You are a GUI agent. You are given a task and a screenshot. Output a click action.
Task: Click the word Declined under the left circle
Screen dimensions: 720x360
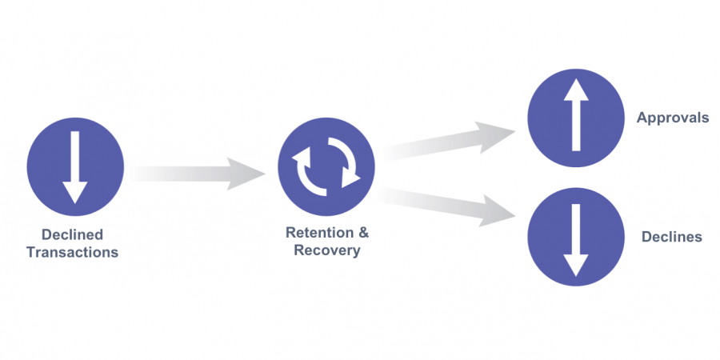(73, 234)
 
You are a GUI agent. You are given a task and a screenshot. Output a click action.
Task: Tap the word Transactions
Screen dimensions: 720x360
(73, 252)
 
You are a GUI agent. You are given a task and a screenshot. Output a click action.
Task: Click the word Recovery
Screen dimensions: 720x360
(327, 250)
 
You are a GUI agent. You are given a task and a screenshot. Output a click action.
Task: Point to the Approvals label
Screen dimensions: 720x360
(673, 118)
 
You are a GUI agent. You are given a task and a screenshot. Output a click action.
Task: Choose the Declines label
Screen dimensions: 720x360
(672, 237)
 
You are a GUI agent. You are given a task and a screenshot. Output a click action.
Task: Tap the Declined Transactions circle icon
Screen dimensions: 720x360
(75, 167)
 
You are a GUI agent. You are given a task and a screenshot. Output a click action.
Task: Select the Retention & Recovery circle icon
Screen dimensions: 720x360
(326, 167)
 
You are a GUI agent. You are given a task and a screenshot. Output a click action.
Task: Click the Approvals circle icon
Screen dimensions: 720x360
(576, 118)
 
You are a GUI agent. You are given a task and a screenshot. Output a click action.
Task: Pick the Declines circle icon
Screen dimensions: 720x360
(576, 238)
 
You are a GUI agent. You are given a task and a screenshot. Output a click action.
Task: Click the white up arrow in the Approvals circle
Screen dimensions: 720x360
(576, 114)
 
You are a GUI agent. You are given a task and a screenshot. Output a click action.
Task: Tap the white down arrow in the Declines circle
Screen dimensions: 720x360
(576, 240)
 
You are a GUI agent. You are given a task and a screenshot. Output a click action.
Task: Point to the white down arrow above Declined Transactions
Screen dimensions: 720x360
(75, 168)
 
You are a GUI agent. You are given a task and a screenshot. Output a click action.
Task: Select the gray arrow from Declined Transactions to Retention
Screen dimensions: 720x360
(198, 174)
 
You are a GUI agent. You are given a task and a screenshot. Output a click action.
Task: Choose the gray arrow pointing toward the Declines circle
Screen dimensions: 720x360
(446, 206)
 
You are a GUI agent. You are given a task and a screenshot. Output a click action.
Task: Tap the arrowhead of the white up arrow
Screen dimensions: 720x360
(576, 90)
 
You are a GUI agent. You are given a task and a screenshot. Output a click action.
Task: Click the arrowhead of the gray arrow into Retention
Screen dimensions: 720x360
(246, 174)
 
